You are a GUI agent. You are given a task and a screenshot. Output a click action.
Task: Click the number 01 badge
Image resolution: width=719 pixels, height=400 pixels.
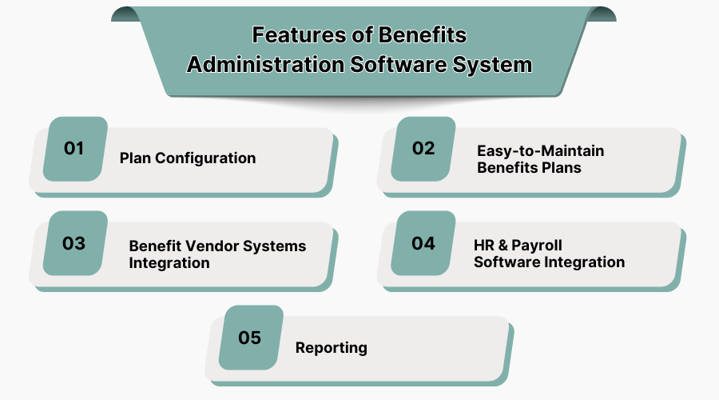[74, 148]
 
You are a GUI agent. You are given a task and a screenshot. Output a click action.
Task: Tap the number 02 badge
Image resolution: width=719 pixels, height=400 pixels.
[423, 148]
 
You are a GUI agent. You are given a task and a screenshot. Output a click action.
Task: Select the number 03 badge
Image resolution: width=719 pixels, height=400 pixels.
[74, 242]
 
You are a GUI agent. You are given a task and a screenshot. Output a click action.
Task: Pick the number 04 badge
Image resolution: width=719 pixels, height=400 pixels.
[423, 242]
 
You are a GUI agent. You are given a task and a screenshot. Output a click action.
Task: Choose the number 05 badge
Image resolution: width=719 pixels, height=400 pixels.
[250, 337]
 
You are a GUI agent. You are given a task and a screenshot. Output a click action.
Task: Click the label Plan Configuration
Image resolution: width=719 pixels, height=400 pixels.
[188, 158]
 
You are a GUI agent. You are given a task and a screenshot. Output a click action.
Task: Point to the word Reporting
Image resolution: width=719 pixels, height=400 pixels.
[332, 347]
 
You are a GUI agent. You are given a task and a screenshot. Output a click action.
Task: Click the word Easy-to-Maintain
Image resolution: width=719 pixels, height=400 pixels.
[541, 150]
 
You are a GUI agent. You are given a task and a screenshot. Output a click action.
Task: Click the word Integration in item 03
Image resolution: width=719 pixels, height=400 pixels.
[169, 262]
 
